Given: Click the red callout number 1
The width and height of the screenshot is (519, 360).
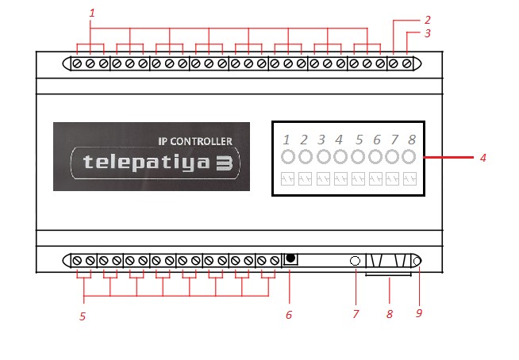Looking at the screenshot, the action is tap(92, 13).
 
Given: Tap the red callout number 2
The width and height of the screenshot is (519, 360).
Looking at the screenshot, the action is tap(427, 20).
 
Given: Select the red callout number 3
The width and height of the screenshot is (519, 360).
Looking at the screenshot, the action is tap(427, 33).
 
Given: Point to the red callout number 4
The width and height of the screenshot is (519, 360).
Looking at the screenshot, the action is tap(483, 158).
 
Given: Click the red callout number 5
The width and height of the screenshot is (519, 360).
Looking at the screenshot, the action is tap(83, 316).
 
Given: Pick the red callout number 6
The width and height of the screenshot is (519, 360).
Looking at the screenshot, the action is tap(289, 315).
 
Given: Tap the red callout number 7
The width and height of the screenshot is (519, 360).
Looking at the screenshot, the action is tap(356, 314).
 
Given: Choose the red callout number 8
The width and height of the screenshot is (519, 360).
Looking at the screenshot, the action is tap(390, 314).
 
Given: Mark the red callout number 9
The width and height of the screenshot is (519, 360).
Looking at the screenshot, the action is tap(419, 313).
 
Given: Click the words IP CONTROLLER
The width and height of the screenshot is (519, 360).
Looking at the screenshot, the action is tap(195, 141).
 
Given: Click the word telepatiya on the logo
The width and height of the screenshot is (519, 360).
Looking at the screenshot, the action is tap(146, 163).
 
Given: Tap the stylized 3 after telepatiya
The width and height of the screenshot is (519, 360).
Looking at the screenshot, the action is tap(225, 163).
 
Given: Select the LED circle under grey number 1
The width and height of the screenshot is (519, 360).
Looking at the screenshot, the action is tap(287, 157).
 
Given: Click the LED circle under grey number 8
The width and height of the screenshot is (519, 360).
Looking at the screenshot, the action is tap(409, 157).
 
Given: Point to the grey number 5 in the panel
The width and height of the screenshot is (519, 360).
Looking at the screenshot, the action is tap(359, 140).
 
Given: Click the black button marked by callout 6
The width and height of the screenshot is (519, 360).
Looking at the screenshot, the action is tap(290, 258).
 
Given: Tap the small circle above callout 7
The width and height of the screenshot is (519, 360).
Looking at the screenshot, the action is tap(355, 261).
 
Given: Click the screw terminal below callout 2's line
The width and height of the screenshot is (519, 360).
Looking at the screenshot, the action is tap(394, 63).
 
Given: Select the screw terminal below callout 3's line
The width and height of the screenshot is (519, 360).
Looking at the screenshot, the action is tap(407, 63).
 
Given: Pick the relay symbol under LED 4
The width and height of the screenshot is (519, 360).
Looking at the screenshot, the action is tap(340, 179).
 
